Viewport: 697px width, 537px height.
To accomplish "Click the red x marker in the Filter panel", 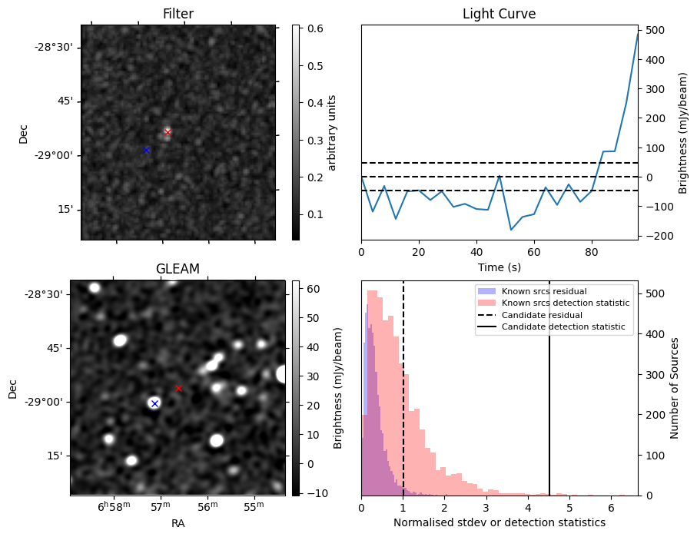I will pyautogui.click(x=168, y=132).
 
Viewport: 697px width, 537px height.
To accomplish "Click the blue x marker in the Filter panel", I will pyautogui.click(x=146, y=150).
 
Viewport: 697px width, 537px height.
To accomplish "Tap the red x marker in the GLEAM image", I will pyautogui.click(x=178, y=389).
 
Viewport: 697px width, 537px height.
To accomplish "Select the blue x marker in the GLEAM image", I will pyautogui.click(x=154, y=403).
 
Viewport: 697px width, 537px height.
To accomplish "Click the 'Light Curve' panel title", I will pyautogui.click(x=499, y=14).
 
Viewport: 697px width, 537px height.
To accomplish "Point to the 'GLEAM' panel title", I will pyautogui.click(x=178, y=269).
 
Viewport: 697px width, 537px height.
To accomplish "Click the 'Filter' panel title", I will pyautogui.click(x=178, y=14).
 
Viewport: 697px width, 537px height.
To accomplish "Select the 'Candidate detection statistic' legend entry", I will pyautogui.click(x=563, y=327).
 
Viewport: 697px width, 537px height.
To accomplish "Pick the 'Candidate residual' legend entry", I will pyautogui.click(x=542, y=316).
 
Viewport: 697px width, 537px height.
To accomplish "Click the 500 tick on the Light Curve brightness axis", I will pyautogui.click(x=656, y=30).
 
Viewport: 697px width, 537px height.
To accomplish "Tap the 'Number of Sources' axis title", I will pyautogui.click(x=675, y=388).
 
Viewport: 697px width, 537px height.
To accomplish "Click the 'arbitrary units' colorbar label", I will pyautogui.click(x=334, y=133).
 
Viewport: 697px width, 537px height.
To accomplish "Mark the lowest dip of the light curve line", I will pyautogui.click(x=511, y=230).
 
